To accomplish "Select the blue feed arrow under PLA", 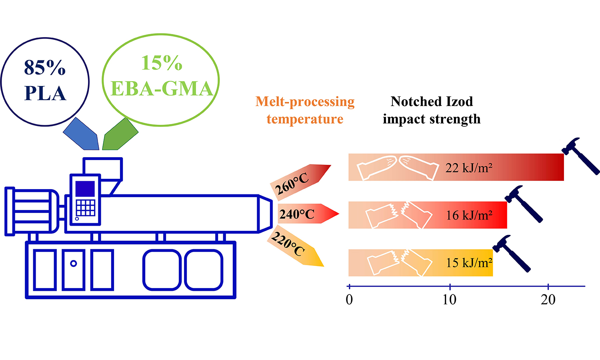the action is (81, 134).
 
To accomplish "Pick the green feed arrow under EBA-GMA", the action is (120, 134).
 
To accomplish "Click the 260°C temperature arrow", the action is (300, 182).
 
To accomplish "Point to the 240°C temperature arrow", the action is (308, 214).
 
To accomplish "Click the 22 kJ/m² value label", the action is (469, 168).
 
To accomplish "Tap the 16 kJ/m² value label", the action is (469, 215).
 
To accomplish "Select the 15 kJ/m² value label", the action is (469, 262).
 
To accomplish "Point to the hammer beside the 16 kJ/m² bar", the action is (524, 204).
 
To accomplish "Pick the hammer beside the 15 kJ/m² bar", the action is (512, 254).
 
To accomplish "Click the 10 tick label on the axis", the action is (450, 300).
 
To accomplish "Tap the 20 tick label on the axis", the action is (548, 300).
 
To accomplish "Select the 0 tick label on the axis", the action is (349, 300).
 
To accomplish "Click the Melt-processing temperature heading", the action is (305, 110).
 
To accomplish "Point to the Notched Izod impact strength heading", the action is (432, 110).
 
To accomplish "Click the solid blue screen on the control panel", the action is (85, 189).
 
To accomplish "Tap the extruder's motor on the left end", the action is (32, 211).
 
